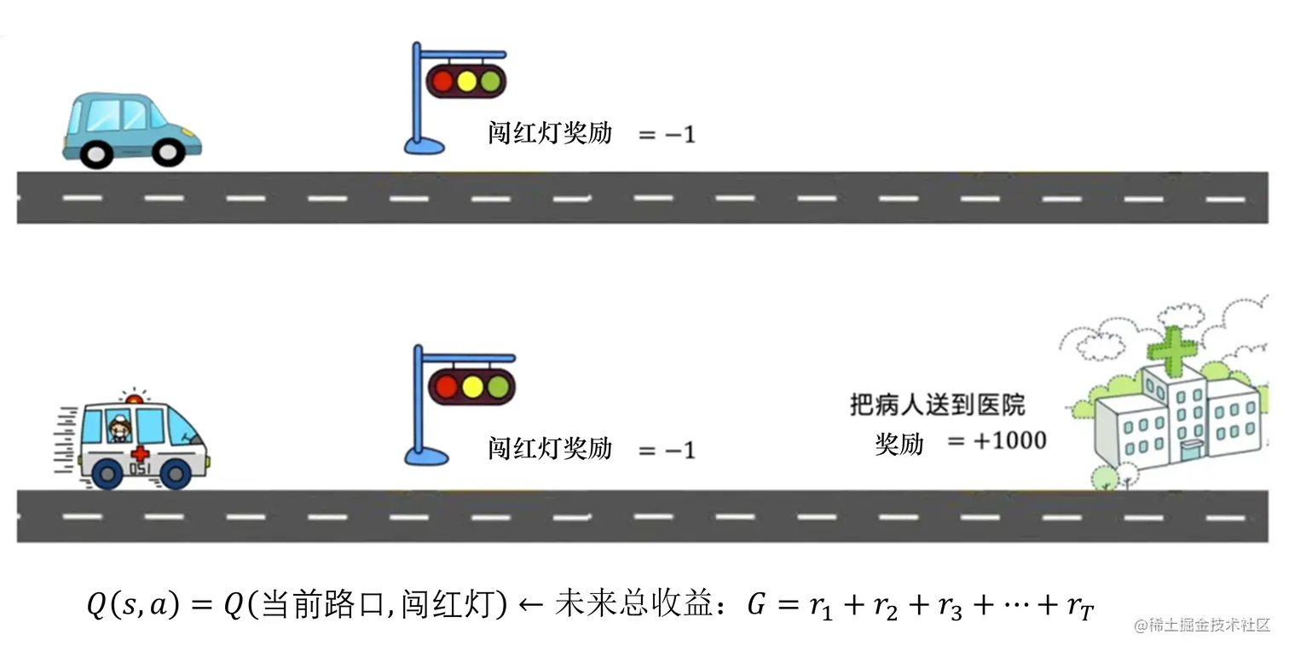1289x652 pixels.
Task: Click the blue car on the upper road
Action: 132,129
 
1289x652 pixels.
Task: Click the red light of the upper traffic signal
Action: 442,81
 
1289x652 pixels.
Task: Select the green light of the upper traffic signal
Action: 489,81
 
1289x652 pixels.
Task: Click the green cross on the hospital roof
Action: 1171,347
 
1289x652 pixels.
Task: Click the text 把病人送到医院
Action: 938,404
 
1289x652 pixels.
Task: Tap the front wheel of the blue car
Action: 168,152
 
